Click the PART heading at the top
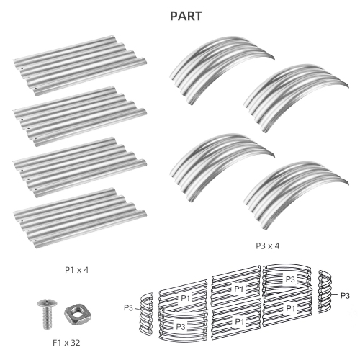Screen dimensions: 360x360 coord(186,16)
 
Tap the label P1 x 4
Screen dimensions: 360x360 coord(76,270)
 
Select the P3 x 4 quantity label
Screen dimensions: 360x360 coord(268,246)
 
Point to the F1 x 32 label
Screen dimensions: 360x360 coord(66,343)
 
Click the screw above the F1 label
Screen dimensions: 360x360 coord(48,314)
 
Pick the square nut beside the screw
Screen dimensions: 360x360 coord(77,315)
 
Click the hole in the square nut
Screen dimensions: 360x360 coord(77,314)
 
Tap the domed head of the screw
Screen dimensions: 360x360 coord(48,302)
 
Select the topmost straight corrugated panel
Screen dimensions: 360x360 coord(80,66)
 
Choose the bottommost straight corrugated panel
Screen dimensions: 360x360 coord(80,218)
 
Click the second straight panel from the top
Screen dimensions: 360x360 coord(80,117)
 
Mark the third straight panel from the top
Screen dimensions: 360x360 coord(80,167)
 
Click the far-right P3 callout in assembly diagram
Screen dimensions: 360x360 coord(345,296)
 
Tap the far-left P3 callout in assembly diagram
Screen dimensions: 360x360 coord(128,307)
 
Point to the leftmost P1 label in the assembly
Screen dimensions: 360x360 coord(185,298)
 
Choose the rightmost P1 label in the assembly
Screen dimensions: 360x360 coord(291,308)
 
